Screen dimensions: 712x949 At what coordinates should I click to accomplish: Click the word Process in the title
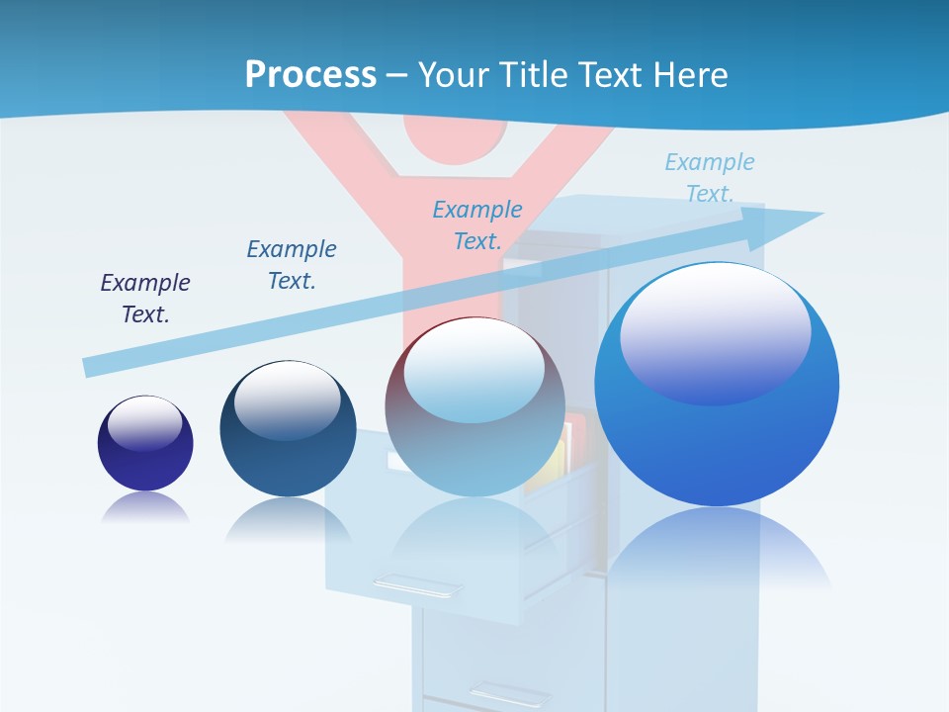tap(310, 74)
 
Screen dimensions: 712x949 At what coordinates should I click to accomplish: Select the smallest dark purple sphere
tap(145, 443)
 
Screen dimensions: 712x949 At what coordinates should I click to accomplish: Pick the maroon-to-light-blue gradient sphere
tap(474, 406)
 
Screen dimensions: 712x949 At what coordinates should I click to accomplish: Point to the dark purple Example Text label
tap(145, 299)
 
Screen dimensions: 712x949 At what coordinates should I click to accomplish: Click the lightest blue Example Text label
tap(709, 178)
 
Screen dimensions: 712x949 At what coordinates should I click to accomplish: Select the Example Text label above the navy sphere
tap(292, 265)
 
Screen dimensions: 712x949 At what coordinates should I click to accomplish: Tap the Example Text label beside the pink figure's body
tap(477, 225)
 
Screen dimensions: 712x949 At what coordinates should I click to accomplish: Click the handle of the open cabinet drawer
tap(416, 586)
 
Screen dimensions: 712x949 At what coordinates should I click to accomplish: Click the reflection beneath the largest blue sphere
tap(717, 554)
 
